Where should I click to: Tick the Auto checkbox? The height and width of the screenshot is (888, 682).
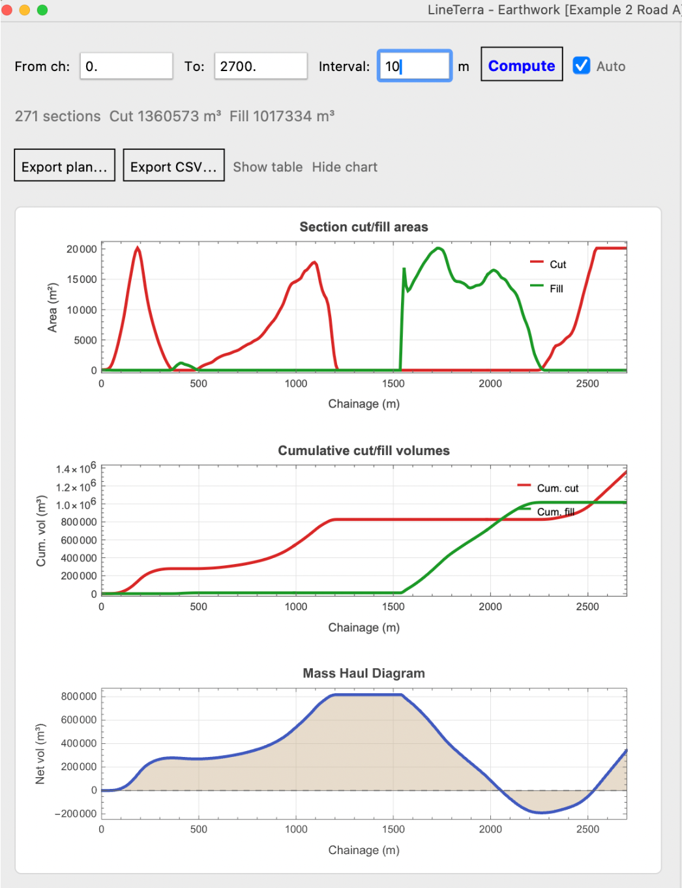pos(581,65)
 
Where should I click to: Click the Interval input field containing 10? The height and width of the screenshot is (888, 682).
pos(414,66)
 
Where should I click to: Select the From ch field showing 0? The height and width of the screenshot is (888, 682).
pos(126,66)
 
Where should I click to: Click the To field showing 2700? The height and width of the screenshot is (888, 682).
pos(261,66)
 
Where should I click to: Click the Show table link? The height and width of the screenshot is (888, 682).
pos(268,167)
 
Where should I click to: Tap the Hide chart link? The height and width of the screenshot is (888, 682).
pos(344,167)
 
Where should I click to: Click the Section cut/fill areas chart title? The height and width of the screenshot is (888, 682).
pos(364,227)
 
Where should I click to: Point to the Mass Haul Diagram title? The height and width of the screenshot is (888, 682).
pos(364,673)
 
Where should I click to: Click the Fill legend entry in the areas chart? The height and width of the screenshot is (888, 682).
pos(547,288)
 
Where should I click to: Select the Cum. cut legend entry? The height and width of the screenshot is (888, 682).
pos(548,488)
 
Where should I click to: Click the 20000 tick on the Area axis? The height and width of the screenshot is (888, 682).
pos(82,249)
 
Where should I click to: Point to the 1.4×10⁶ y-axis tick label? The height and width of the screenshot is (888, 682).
pos(76,467)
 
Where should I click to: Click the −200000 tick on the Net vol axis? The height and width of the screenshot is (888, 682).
pos(76,814)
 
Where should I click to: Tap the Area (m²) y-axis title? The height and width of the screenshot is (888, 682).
pos(52,308)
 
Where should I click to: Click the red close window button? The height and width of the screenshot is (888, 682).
pos(7,10)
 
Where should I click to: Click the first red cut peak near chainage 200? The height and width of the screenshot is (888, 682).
pos(138,248)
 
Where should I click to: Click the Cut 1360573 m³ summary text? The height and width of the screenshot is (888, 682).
pos(165,117)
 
